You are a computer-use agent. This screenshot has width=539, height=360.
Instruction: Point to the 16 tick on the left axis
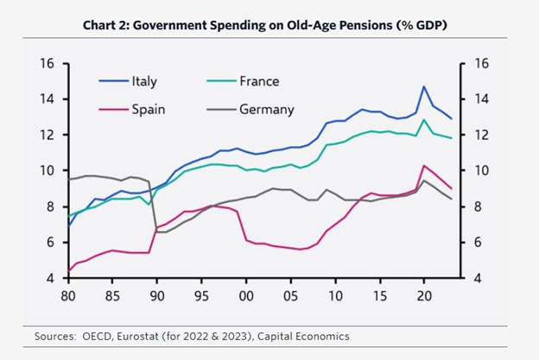click(x=49, y=64)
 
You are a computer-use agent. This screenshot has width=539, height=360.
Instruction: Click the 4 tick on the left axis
click(x=53, y=278)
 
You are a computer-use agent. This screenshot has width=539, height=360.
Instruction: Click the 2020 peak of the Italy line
click(x=424, y=86)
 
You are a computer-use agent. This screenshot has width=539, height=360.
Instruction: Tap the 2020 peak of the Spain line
click(x=424, y=165)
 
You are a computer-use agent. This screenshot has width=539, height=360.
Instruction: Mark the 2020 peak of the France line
click(x=424, y=120)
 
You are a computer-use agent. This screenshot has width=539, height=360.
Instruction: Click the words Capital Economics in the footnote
click(x=308, y=334)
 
